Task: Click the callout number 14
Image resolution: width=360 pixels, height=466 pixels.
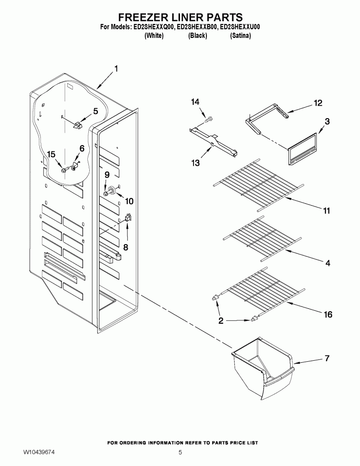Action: (x=194, y=102)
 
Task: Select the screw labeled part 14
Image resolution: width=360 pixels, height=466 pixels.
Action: (x=210, y=117)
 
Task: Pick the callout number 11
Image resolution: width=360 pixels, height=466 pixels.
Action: (x=326, y=210)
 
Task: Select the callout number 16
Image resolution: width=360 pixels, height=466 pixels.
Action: (x=327, y=315)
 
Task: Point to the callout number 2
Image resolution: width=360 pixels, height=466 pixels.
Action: (x=221, y=321)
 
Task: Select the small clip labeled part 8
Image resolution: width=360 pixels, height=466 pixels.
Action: (x=127, y=219)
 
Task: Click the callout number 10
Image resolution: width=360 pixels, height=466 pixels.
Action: (x=129, y=201)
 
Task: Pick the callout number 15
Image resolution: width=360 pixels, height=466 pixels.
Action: (x=51, y=154)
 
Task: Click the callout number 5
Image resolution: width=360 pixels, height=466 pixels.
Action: (x=95, y=111)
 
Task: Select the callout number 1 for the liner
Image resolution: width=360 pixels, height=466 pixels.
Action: (x=116, y=69)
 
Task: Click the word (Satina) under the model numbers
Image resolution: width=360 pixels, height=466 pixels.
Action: (x=240, y=36)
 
